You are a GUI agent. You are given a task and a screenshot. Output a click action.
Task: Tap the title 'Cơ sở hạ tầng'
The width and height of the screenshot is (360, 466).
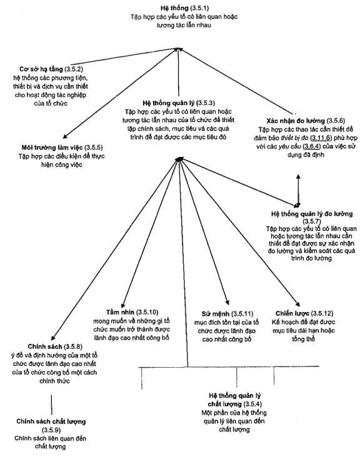point(41,69)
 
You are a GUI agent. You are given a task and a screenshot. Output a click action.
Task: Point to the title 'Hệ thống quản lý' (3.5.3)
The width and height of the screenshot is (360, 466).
point(168,103)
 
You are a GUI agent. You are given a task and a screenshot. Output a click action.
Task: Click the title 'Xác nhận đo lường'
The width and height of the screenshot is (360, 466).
point(296,121)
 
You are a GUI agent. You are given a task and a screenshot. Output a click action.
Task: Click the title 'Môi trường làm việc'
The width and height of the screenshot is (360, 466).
point(52,148)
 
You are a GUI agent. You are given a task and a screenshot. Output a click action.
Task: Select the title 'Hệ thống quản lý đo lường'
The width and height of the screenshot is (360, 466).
point(312,214)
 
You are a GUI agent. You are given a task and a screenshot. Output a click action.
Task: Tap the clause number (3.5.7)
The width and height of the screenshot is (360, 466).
point(312,221)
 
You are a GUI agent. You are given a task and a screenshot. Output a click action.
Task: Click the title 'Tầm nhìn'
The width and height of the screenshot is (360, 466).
point(120,312)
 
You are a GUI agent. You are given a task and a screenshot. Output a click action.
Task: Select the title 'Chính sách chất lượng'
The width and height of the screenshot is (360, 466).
point(51,422)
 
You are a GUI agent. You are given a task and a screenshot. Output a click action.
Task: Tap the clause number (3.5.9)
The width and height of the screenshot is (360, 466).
point(51,430)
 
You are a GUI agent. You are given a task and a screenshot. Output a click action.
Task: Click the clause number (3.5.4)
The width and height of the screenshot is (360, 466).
point(252,404)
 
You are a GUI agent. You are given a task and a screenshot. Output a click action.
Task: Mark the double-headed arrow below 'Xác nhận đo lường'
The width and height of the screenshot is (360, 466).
point(298,191)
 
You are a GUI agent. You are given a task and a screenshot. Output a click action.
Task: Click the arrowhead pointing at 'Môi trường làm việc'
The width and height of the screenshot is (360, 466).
point(65,136)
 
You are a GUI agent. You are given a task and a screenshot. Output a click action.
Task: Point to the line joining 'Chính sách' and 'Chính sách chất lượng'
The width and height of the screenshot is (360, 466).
point(51,405)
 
